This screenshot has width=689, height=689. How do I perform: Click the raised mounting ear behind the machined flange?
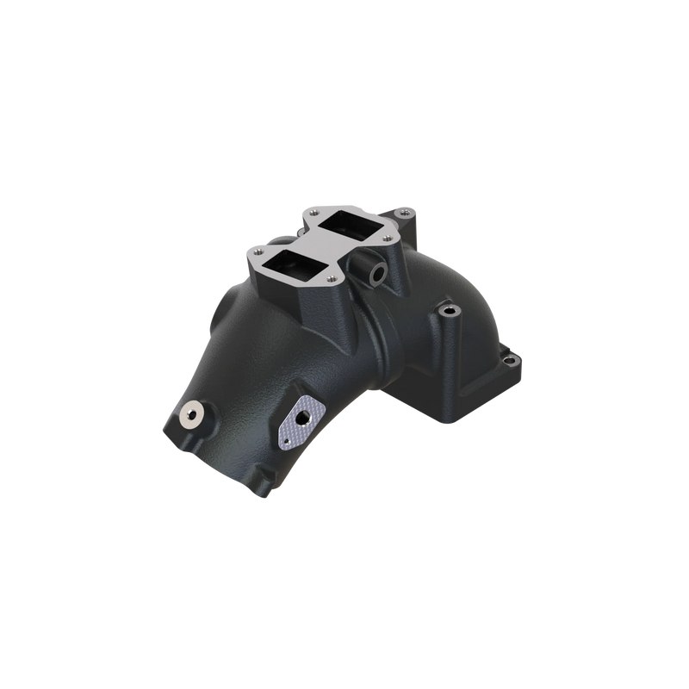pyautogui.click(x=403, y=209)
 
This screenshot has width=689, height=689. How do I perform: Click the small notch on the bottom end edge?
pyautogui.click(x=256, y=496)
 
